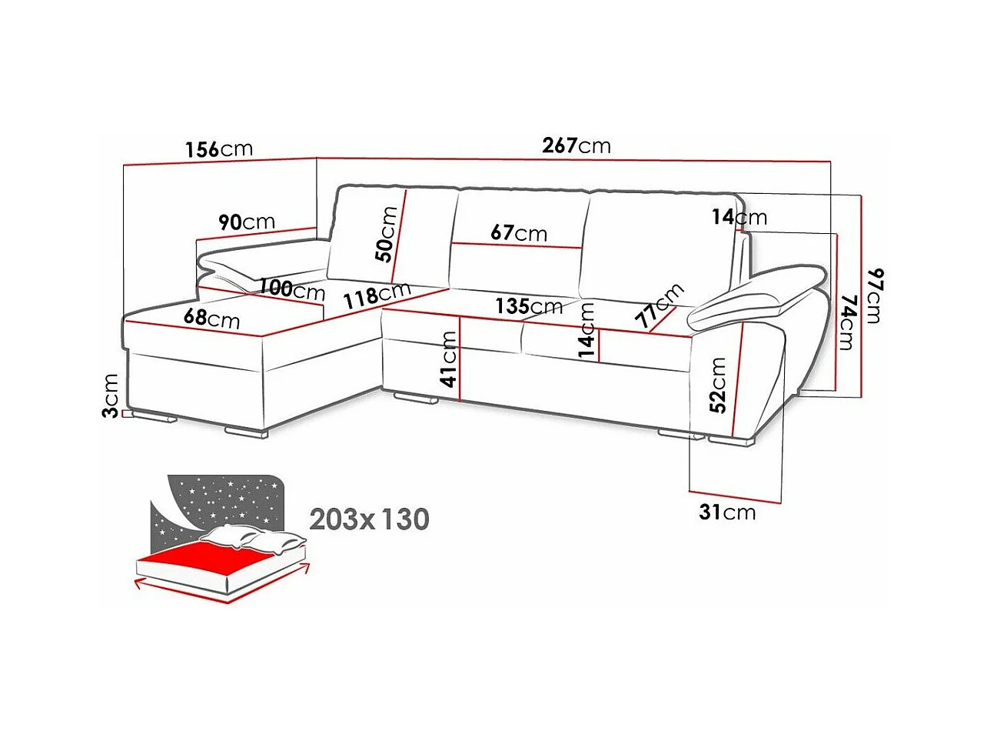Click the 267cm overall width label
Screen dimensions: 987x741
[576, 145]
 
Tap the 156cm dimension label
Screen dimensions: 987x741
[218, 148]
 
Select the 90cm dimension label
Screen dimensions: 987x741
[246, 222]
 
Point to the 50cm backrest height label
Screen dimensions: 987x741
[388, 234]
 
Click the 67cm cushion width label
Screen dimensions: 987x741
[520, 232]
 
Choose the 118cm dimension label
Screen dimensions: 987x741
[377, 295]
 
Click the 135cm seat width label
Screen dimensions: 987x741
[528, 305]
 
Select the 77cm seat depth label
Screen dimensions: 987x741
[659, 305]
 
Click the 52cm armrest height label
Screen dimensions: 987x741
[718, 385]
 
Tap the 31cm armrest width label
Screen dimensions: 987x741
[727, 512]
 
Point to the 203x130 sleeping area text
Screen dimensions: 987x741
[369, 519]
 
